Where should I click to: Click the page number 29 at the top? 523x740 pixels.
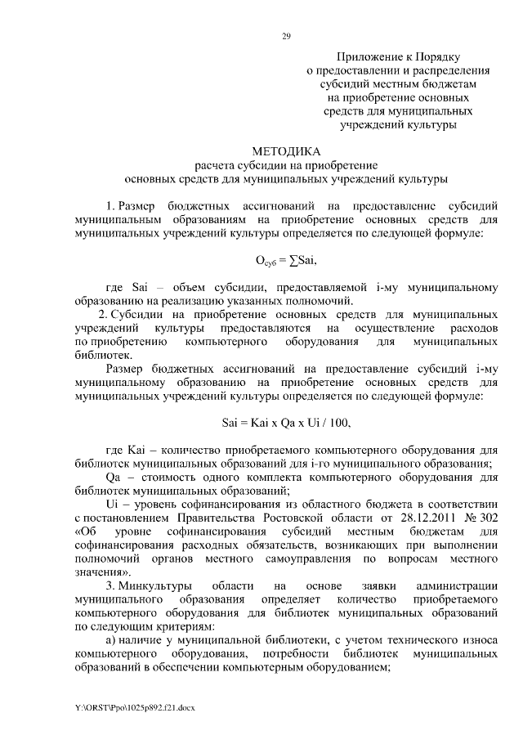[287, 36]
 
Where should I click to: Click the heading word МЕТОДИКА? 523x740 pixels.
[287, 150]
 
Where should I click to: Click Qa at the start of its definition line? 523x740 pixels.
[114, 477]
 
